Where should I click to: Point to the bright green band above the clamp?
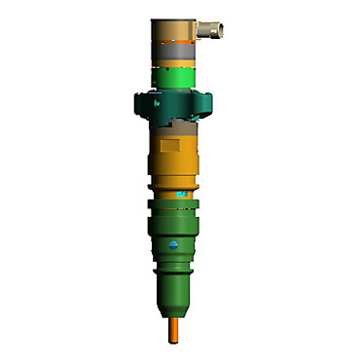coord(174,77)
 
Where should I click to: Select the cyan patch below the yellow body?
coord(181,194)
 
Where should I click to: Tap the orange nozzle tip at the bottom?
coord(175,326)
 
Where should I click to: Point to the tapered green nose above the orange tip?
coord(175,292)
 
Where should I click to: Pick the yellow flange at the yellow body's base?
coord(175,180)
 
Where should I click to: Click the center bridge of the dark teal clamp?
coord(174,101)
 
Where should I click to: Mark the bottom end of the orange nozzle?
coord(175,340)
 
